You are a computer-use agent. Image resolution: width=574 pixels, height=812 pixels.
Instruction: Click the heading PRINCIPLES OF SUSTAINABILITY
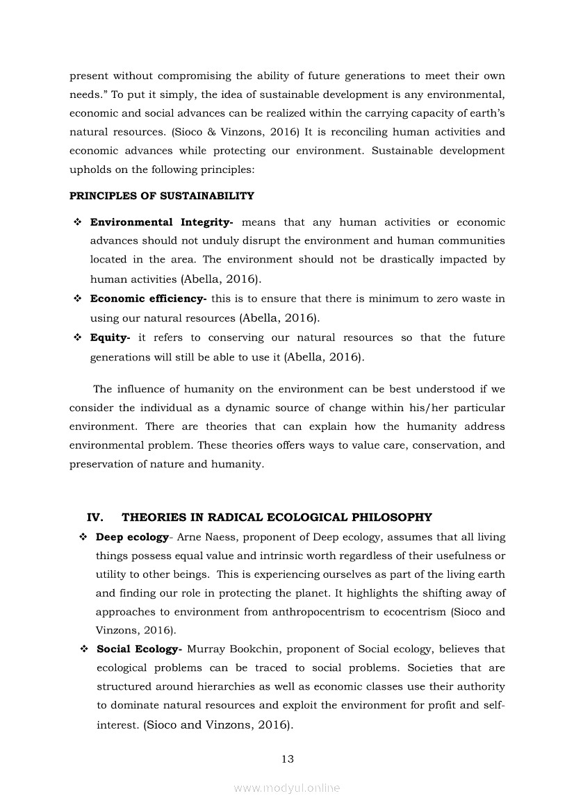pyautogui.click(x=162, y=196)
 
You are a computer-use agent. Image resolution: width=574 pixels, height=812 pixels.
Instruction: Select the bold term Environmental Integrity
pyautogui.click(x=160, y=222)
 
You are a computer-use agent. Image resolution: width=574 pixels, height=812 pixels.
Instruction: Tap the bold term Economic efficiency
pyautogui.click(x=147, y=299)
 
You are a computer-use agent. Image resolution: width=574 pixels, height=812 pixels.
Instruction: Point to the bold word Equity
pyautogui.click(x=109, y=338)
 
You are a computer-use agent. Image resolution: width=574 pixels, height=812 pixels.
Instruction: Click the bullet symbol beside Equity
pyautogui.click(x=77, y=338)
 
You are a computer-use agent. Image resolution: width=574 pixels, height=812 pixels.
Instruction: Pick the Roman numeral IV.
pyautogui.click(x=95, y=517)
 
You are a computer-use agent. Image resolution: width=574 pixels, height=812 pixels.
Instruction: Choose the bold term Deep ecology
pyautogui.click(x=132, y=537)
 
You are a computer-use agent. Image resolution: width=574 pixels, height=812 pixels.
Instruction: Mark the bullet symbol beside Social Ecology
pyautogui.click(x=83, y=649)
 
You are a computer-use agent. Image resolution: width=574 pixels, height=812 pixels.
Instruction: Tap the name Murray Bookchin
pyautogui.click(x=234, y=649)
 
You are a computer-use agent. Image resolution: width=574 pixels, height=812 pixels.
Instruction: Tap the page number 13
pyautogui.click(x=288, y=759)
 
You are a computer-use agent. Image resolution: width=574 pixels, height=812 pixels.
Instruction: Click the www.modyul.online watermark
pyautogui.click(x=287, y=788)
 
